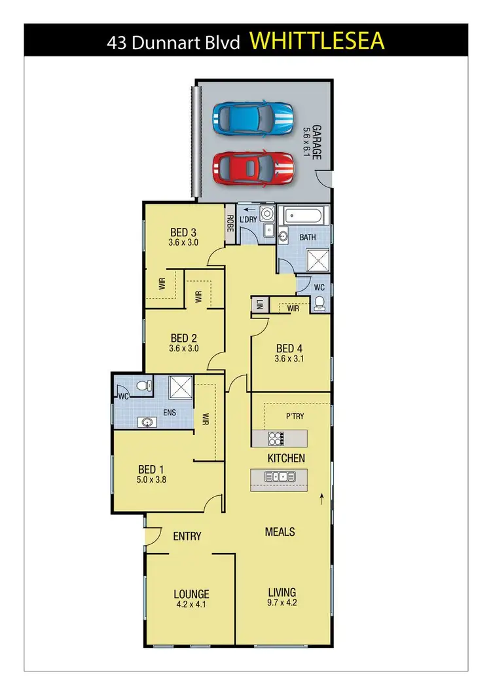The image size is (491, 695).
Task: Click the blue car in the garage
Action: [x=253, y=119]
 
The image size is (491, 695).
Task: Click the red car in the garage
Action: [x=253, y=168]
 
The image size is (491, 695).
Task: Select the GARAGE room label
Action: [x=316, y=142]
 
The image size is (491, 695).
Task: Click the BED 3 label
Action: [x=183, y=232]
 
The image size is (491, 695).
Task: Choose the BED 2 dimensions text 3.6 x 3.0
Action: [x=183, y=348]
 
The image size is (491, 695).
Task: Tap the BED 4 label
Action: [x=289, y=348]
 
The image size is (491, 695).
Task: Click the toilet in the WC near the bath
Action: [x=319, y=303]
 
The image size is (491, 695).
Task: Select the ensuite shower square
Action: [x=181, y=386]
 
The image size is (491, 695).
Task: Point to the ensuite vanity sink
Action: [x=146, y=422]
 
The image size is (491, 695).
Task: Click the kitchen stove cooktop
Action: [x=274, y=437]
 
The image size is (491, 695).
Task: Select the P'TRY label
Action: [x=295, y=417]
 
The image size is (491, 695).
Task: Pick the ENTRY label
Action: [x=187, y=536]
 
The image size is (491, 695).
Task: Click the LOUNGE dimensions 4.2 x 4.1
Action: [x=191, y=605]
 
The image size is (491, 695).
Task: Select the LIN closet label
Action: [x=259, y=305]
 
